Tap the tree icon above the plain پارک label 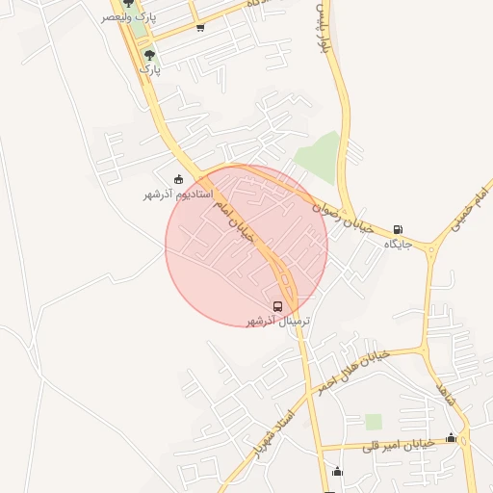click(x=149, y=55)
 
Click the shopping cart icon click(x=199, y=27)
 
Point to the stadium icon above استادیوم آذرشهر click(x=178, y=179)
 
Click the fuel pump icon click(x=399, y=230)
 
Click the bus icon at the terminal click(x=278, y=306)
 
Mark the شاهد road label click(x=444, y=393)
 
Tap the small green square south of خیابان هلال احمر click(x=374, y=422)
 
